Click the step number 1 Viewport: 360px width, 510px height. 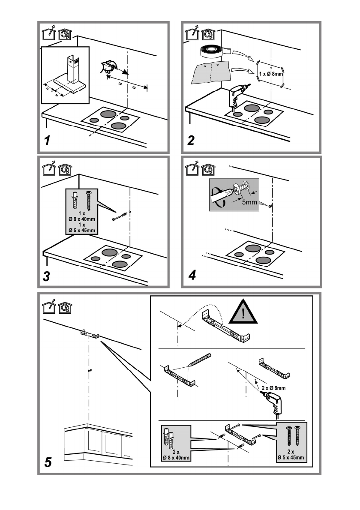tap(49, 140)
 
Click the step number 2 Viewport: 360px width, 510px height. tap(192, 140)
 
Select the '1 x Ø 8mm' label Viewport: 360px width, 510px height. tap(271, 74)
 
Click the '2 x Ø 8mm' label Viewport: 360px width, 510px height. tap(273, 388)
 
